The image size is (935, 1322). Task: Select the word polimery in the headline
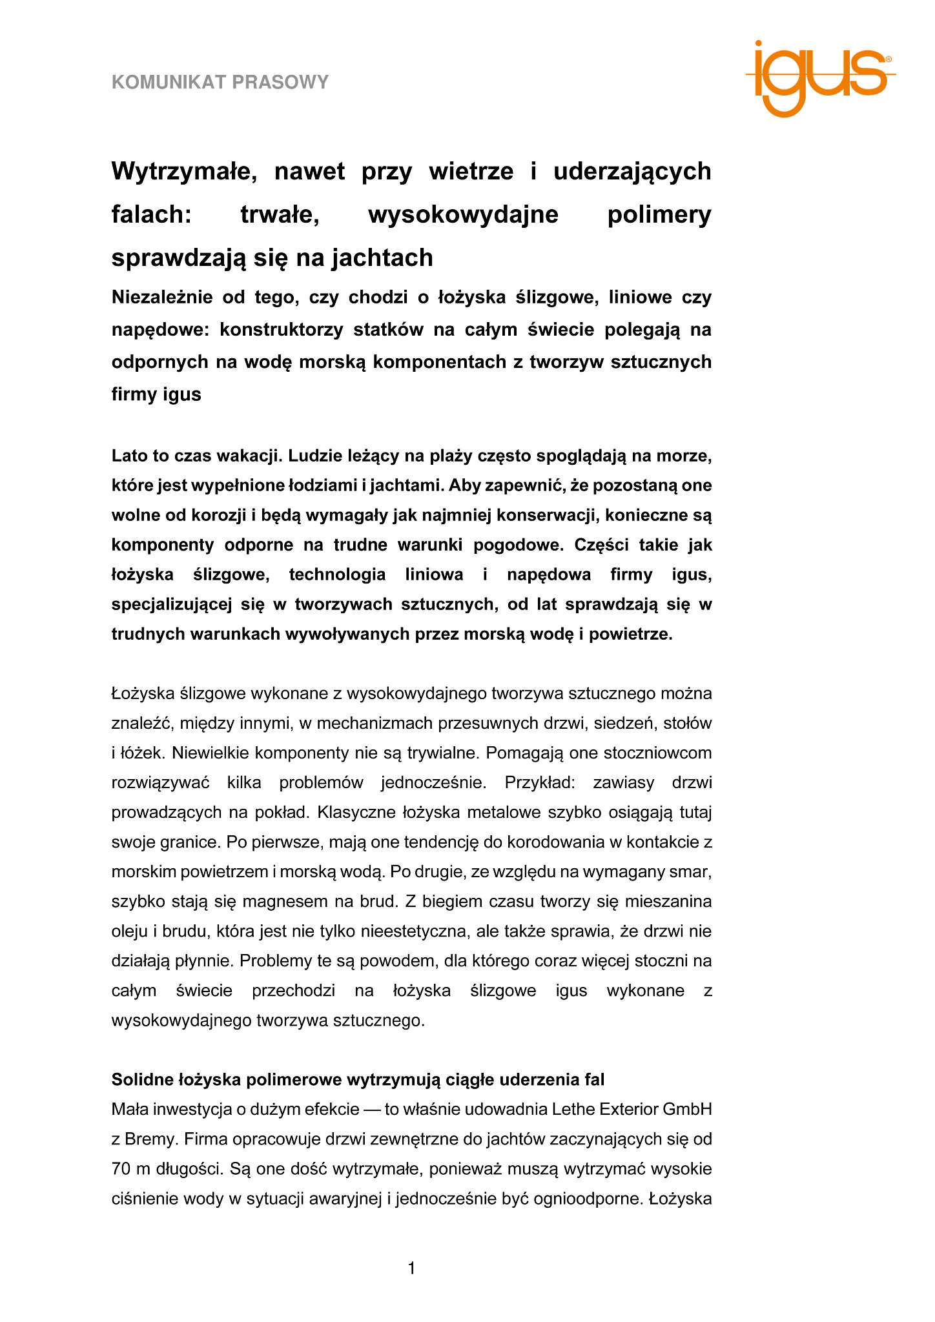coord(659,214)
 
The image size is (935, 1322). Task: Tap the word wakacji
coord(250,456)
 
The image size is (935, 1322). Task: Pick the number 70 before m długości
coord(121,1168)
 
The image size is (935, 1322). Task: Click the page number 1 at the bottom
coord(411,1269)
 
